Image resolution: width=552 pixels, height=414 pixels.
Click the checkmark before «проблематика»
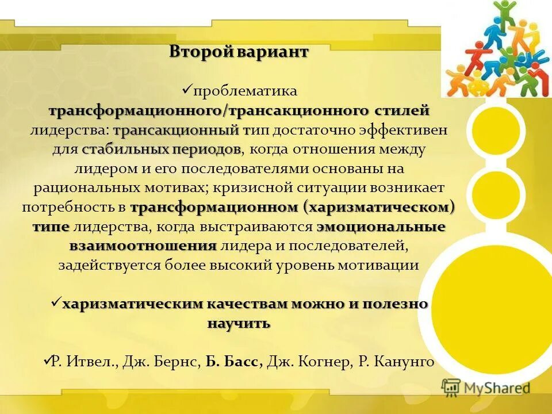click(186, 89)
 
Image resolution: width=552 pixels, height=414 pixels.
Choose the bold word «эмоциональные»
click(381, 227)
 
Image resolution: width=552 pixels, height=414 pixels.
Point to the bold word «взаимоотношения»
click(143, 246)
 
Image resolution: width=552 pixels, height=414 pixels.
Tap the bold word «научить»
click(238, 324)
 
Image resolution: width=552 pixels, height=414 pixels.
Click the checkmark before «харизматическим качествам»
click(56, 302)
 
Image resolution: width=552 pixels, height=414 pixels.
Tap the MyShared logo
click(486, 388)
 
